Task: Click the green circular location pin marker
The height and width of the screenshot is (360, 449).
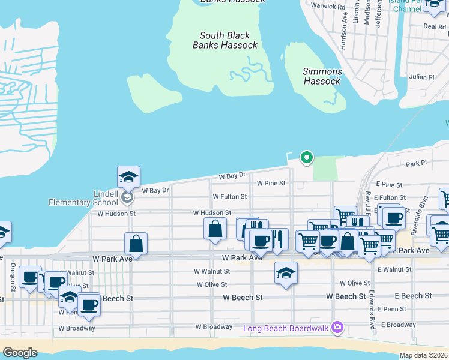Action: (306, 158)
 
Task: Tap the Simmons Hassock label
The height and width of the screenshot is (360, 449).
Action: (322, 76)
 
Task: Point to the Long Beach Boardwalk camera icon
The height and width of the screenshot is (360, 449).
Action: (337, 328)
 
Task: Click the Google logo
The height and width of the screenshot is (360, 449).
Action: (20, 353)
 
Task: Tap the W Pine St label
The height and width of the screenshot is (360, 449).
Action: (271, 183)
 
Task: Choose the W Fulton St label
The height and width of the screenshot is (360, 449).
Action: (229, 197)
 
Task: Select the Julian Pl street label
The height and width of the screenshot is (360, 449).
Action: (421, 77)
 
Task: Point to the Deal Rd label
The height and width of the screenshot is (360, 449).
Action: (434, 26)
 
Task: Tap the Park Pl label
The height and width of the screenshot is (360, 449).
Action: (415, 163)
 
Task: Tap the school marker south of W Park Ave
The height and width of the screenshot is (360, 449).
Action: (286, 274)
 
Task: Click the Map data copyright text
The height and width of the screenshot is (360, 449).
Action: (424, 355)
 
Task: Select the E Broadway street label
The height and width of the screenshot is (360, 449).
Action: (397, 325)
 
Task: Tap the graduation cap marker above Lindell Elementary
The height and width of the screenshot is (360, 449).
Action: (128, 177)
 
